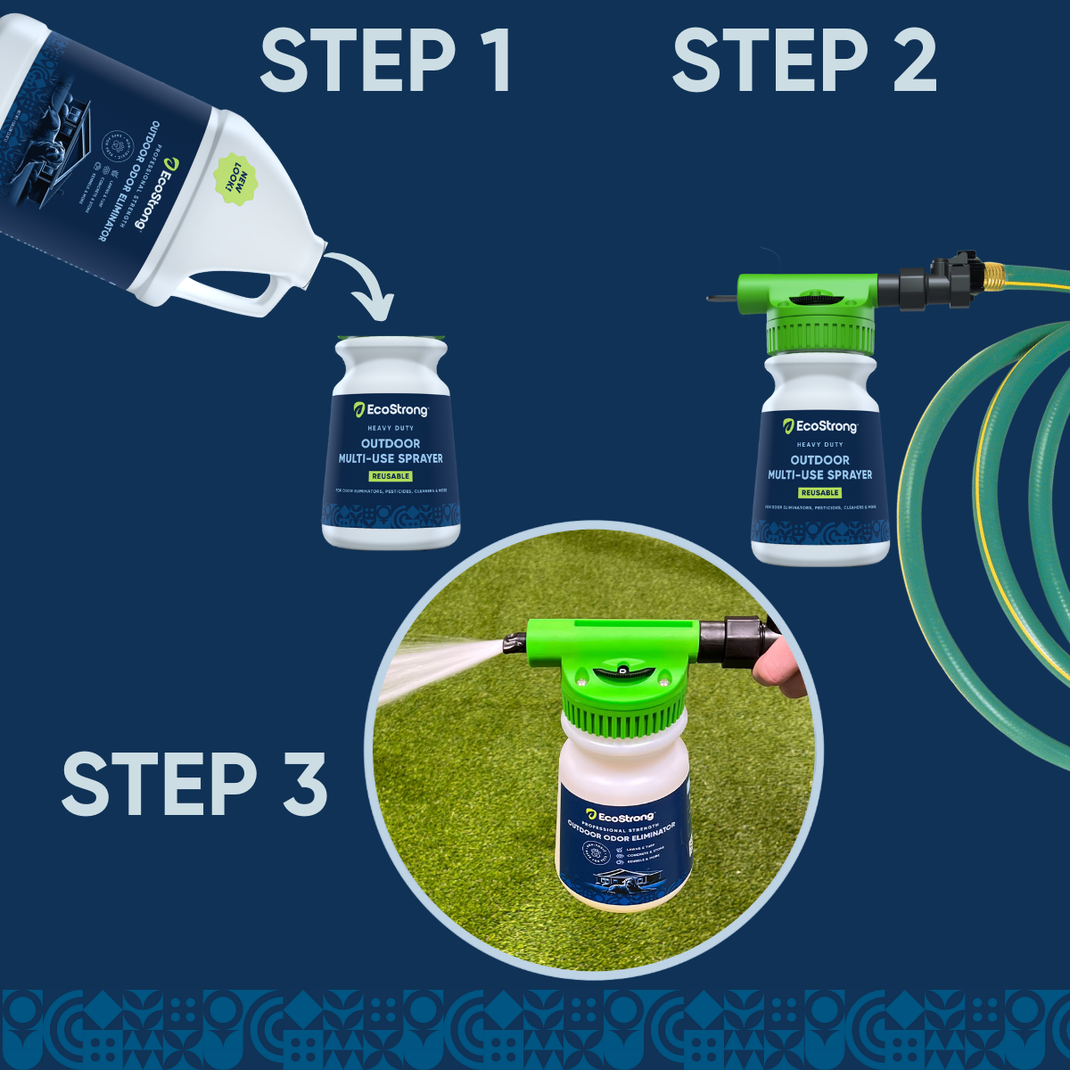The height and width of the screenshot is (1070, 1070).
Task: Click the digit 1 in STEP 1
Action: (493, 61)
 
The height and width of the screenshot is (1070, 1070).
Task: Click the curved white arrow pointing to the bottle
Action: (366, 285)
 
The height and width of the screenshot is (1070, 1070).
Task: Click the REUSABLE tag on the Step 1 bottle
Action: (391, 476)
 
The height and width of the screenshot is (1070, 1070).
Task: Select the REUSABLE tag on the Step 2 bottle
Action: (819, 492)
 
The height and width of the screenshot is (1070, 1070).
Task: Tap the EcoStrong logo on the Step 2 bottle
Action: (819, 426)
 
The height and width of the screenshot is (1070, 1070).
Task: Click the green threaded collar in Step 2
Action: (819, 334)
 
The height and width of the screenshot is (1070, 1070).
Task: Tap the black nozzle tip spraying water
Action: (513, 642)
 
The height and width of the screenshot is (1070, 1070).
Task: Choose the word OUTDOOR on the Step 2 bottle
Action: (819, 460)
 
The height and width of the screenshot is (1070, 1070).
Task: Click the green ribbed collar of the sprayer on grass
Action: (624, 713)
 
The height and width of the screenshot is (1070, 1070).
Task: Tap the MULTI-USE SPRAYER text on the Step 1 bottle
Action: (391, 458)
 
